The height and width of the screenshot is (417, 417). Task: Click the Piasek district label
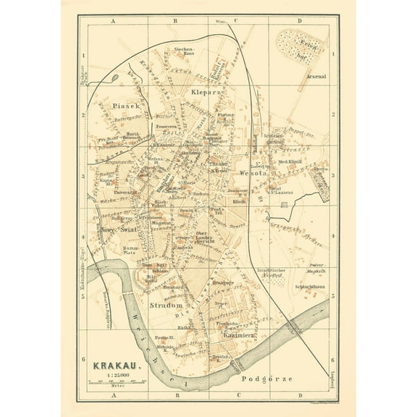pyautogui.click(x=115, y=105)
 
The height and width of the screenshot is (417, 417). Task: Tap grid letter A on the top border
pyautogui.click(x=114, y=22)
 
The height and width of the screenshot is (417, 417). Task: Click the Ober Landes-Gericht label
pyautogui.click(x=196, y=235)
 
